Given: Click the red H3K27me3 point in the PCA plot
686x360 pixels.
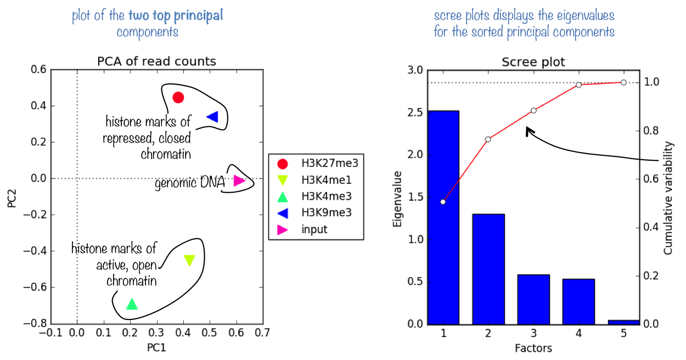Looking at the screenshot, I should pos(178,98).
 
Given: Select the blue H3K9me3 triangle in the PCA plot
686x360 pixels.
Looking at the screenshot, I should pos(212,116).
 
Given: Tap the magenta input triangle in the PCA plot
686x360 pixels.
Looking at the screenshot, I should pos(239,180).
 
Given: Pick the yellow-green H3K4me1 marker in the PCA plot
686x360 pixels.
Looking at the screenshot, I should pos(189,261).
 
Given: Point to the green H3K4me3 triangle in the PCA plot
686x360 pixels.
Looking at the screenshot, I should pos(132,304).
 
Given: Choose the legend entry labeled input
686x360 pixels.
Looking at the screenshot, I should pos(314,229).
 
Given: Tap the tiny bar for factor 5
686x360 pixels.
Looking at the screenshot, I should pos(623,322).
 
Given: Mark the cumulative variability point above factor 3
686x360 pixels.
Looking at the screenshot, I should pos(533,110).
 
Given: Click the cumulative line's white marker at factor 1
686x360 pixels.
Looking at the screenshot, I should pos(443,202).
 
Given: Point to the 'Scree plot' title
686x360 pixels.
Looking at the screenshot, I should pos(533,62).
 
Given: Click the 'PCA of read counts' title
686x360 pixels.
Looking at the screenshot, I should pos(156,61).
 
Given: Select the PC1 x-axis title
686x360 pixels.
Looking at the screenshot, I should pos(156,347).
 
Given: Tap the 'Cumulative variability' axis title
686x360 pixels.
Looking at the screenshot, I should pos(668,198).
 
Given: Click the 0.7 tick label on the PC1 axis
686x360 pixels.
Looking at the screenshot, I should pos(262,333).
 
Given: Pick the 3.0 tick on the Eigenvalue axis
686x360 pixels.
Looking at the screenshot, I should pos(415,70).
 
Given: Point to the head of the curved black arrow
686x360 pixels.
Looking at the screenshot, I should pos(526,129).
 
